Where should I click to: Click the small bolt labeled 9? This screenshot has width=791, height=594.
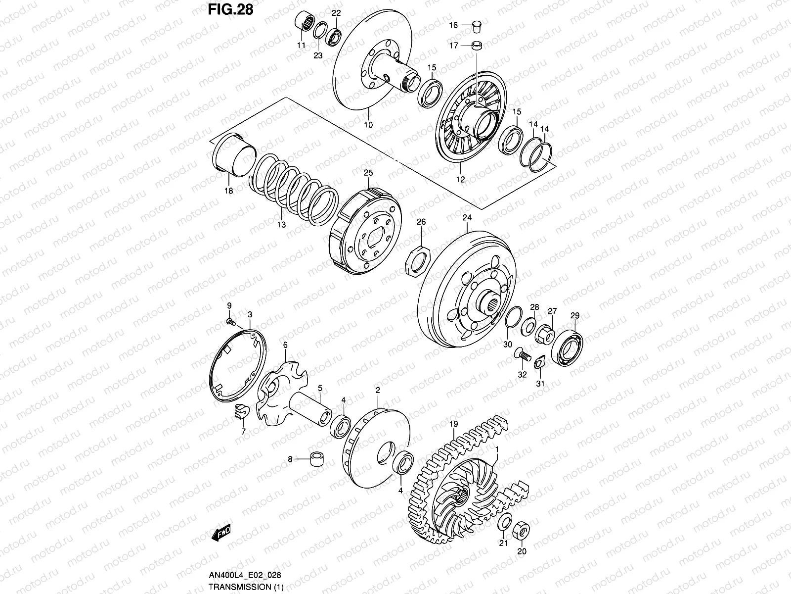pos(230,322)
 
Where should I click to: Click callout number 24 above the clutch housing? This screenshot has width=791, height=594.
pos(467,218)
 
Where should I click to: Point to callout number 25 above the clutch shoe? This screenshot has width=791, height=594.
pos(368,173)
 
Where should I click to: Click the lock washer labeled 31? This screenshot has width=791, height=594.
pos(539,364)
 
